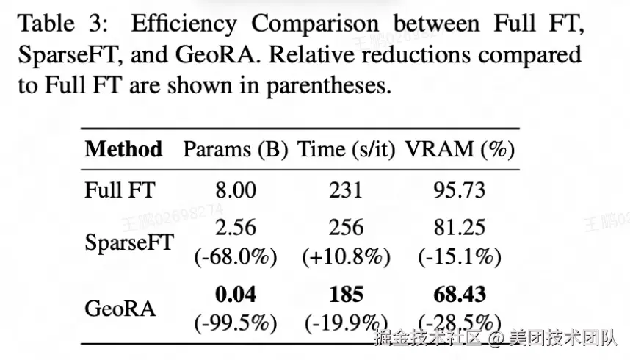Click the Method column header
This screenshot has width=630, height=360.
(x=124, y=149)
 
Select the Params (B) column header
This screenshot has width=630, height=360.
(x=236, y=150)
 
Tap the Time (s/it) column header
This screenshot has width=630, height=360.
(x=347, y=150)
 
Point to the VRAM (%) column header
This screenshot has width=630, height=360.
(x=460, y=150)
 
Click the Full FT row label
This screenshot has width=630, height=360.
(x=120, y=190)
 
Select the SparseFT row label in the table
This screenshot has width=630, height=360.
(x=129, y=242)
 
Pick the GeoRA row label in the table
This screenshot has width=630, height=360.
(x=120, y=309)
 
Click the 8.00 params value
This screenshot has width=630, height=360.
(x=236, y=190)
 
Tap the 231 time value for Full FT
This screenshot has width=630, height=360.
(x=346, y=190)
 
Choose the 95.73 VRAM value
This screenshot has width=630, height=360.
(x=460, y=190)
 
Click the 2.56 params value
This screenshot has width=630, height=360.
(x=236, y=227)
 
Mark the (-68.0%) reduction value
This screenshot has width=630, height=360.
(x=236, y=256)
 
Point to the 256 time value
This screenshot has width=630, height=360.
(x=347, y=227)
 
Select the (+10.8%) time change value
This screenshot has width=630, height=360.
(x=347, y=256)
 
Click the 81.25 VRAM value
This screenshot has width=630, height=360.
(x=460, y=227)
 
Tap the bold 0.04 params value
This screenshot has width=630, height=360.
(x=236, y=294)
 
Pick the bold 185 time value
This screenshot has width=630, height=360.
(x=347, y=294)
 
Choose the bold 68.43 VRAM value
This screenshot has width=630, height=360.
(x=460, y=294)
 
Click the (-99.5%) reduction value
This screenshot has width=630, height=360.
(x=236, y=323)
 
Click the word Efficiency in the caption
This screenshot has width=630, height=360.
(x=184, y=24)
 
